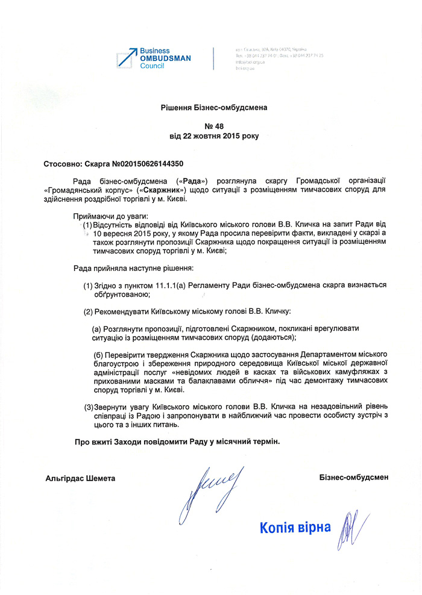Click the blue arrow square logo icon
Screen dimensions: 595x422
(127, 58)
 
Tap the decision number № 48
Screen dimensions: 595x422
(213, 126)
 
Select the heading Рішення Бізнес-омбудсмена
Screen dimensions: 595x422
(213, 107)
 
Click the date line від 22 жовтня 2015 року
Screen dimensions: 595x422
(213, 136)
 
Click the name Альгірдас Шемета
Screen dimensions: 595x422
(80, 478)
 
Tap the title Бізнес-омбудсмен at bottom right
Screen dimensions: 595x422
(354, 478)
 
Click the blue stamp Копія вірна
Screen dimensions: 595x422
(295, 528)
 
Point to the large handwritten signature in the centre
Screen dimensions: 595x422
(208, 488)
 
